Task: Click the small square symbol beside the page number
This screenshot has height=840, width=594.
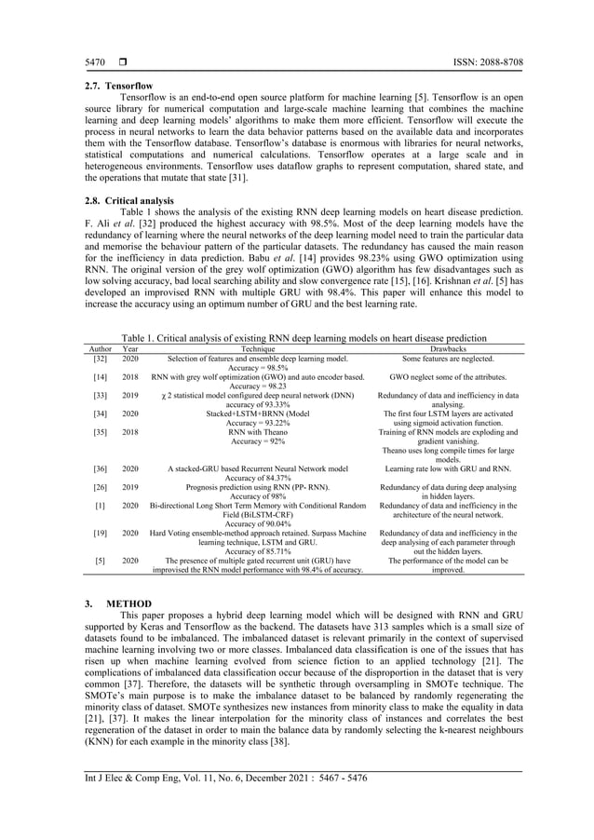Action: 120,62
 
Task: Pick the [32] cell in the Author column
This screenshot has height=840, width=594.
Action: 100,358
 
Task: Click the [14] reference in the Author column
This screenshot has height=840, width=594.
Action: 100,377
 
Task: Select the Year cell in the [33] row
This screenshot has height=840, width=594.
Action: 130,396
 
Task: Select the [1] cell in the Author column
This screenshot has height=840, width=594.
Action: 100,505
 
